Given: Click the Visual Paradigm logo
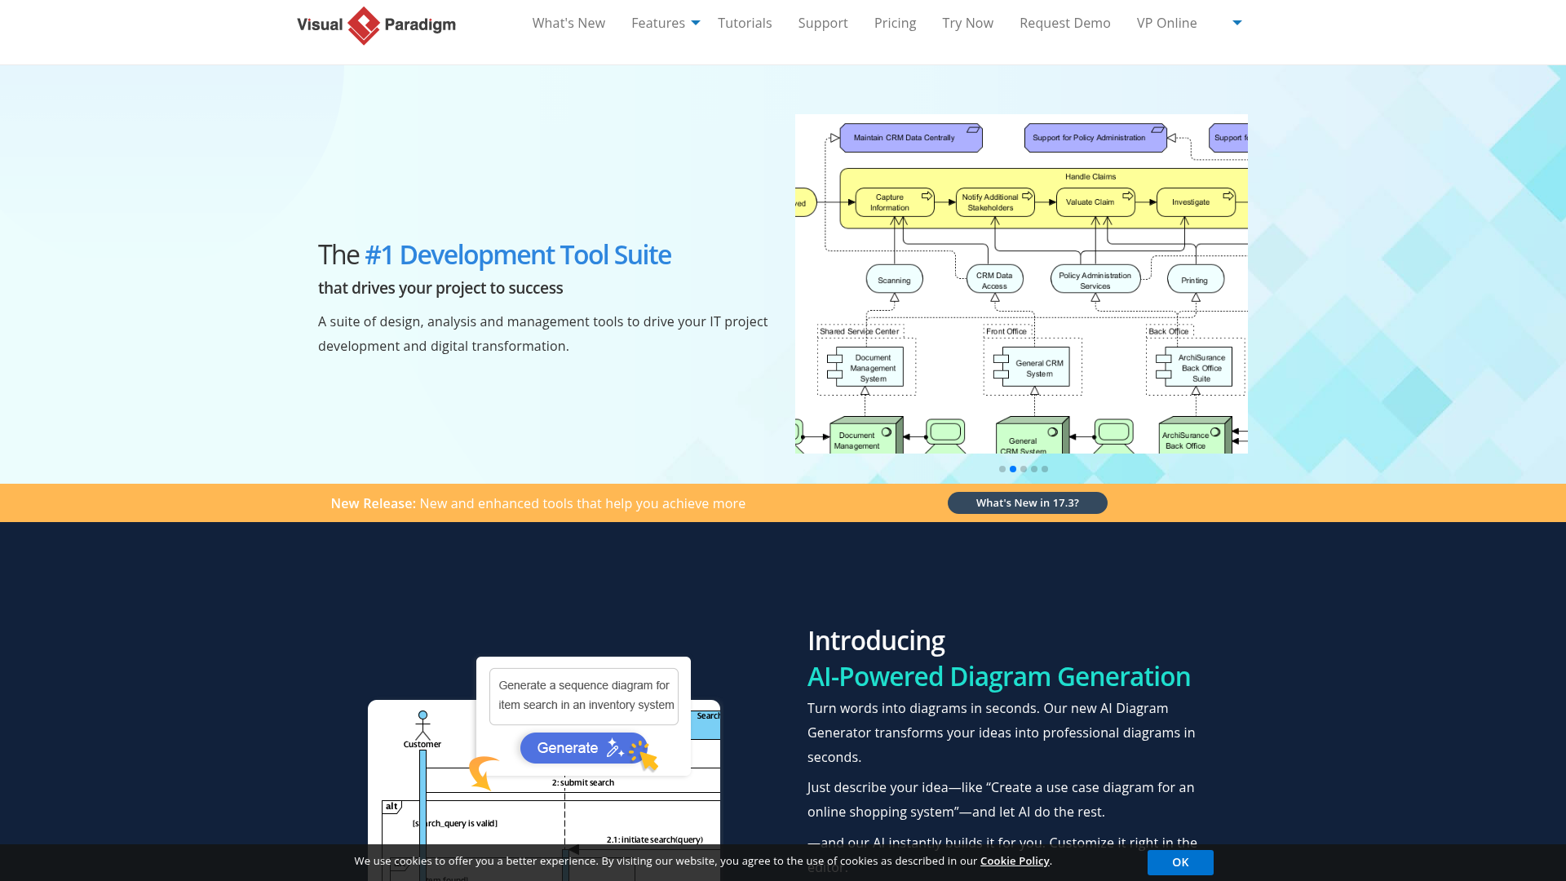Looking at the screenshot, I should click(x=376, y=25).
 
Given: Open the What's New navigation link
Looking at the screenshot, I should click(x=568, y=23).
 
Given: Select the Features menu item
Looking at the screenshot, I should click(x=658, y=23).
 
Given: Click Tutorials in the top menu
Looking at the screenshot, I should click(x=745, y=23).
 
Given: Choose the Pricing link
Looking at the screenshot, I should click(x=895, y=23).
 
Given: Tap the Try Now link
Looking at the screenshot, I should click(x=967, y=23).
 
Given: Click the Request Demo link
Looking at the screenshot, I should click(x=1064, y=23).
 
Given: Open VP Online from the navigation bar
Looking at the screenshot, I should click(x=1166, y=23).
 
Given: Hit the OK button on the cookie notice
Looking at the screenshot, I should click(x=1179, y=862).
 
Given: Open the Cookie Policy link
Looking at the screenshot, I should click(x=1015, y=861).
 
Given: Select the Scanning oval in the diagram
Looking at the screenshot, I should click(x=894, y=280).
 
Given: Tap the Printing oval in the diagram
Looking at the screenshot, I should click(x=1195, y=280).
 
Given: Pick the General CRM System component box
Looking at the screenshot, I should click(x=1037, y=368).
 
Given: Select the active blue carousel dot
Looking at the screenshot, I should click(x=1013, y=469).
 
